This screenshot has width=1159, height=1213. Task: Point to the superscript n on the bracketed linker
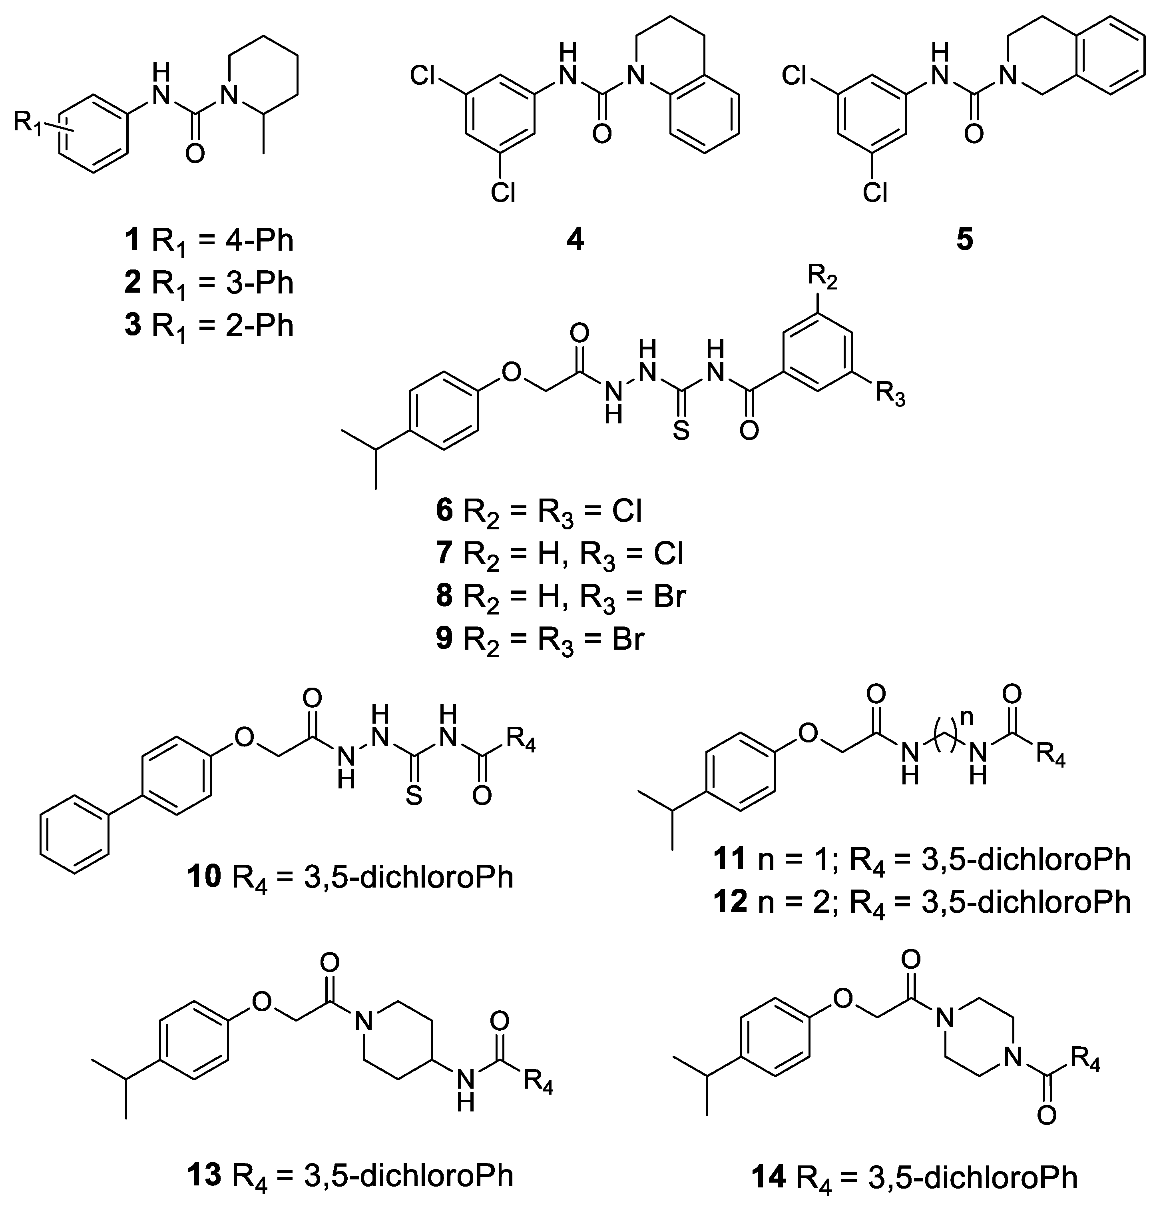pos(968,719)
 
